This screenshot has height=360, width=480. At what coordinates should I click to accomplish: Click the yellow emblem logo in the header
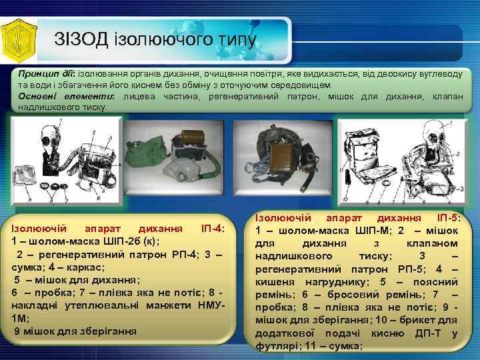19,39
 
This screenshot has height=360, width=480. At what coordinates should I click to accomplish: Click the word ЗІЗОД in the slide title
81,39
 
